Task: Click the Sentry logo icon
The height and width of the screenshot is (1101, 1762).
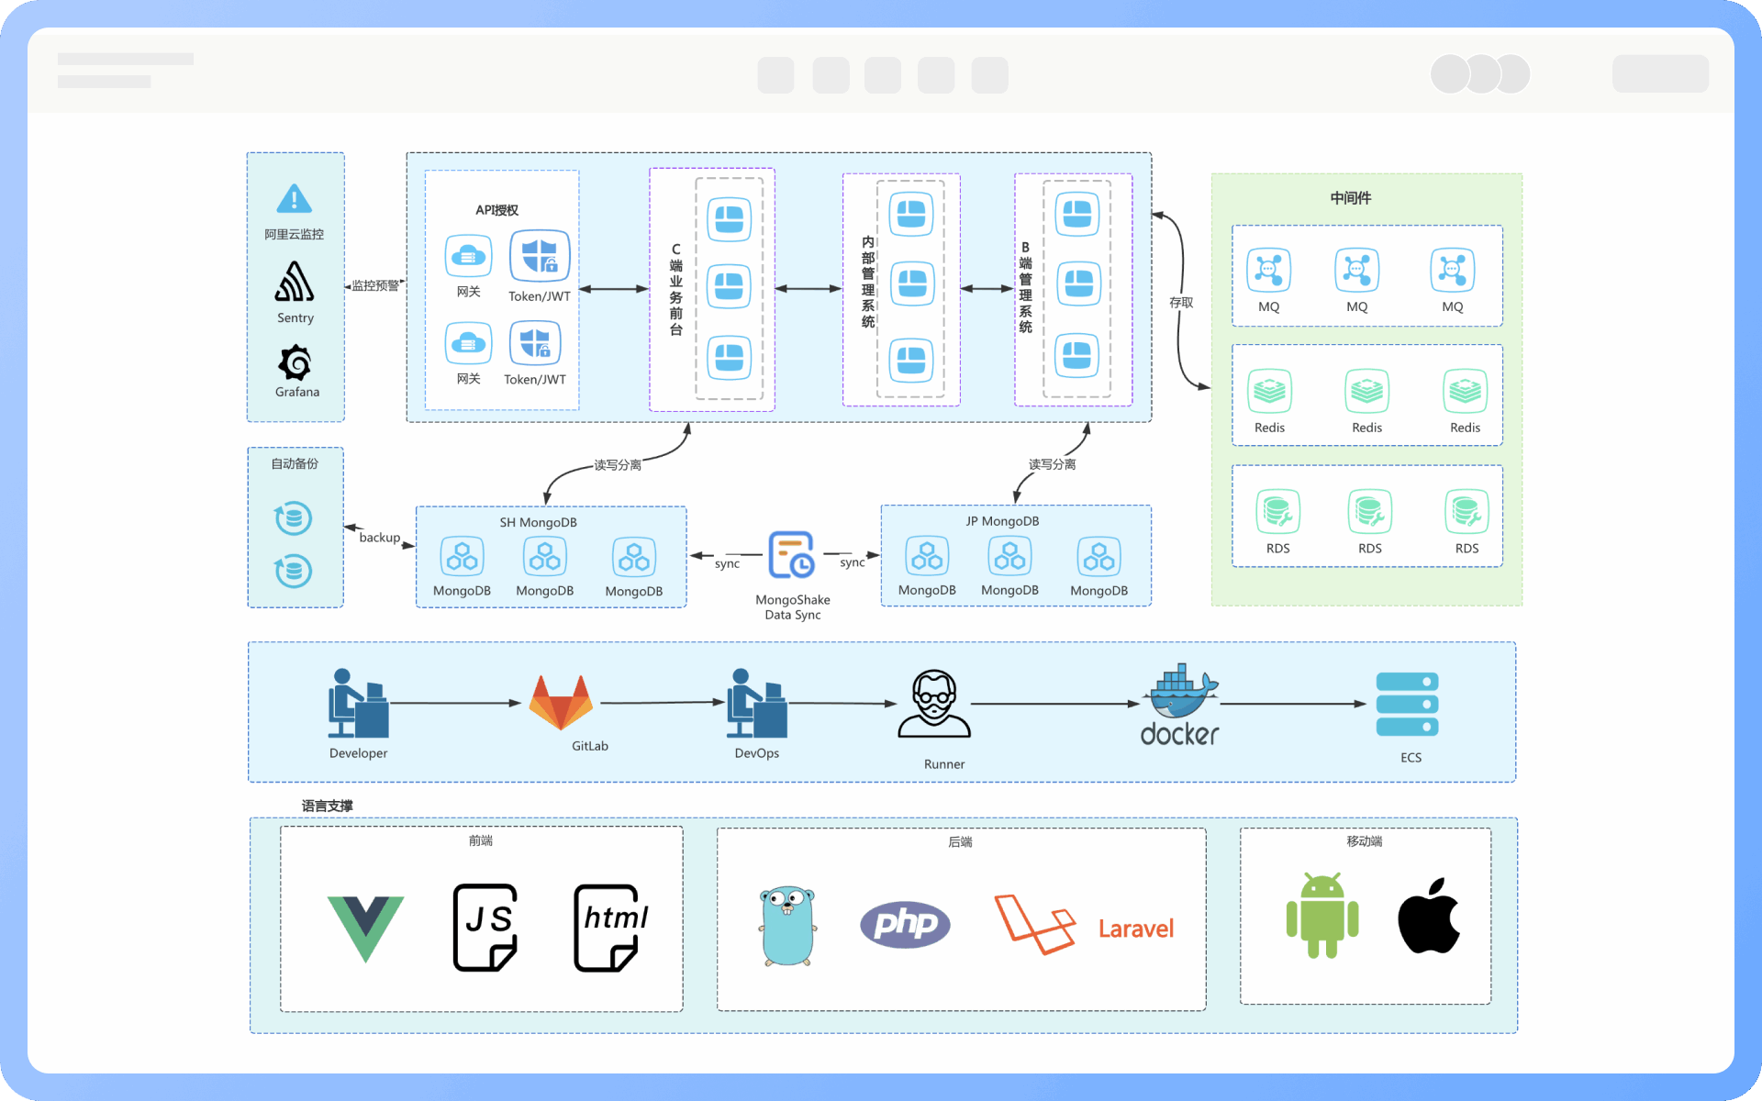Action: (295, 282)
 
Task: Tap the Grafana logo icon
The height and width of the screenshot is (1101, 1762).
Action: (296, 362)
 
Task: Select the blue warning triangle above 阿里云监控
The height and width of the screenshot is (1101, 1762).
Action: (294, 198)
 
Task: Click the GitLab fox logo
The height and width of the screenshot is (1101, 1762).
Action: (561, 702)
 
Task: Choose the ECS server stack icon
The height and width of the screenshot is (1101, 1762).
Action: (1407, 705)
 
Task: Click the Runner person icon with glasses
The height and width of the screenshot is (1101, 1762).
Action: (934, 705)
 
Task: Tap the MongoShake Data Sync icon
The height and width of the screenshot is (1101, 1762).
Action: (791, 555)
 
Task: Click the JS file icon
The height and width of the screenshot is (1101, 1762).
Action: (485, 927)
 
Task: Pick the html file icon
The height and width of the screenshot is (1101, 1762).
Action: (607, 927)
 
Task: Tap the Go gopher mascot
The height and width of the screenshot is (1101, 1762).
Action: (787, 926)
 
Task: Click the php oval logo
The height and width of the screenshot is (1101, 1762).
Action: (905, 924)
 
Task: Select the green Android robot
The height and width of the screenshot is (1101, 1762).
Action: (1321, 917)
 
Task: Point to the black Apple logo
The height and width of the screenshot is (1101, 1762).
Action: (1428, 916)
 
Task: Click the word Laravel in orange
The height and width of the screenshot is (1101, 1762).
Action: (1136, 929)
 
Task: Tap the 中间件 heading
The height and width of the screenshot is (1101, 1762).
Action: (1351, 198)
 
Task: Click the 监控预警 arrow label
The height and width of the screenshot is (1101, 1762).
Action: (375, 286)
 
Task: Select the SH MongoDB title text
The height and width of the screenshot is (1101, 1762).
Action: (538, 523)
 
